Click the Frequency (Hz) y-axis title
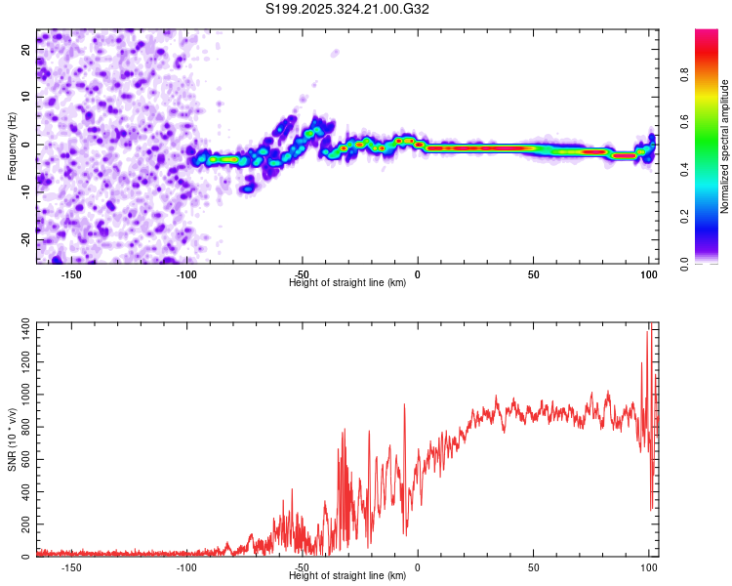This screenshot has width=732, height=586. pos(12,146)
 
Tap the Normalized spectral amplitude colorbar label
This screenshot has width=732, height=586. pos(725,146)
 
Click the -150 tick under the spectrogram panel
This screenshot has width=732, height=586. pos(71,273)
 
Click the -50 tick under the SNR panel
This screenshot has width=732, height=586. pos(303,566)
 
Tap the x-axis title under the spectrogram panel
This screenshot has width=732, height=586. pos(347,283)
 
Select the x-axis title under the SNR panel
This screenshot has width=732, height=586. pos(347,576)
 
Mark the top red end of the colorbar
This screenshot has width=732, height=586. pos(708,33)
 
